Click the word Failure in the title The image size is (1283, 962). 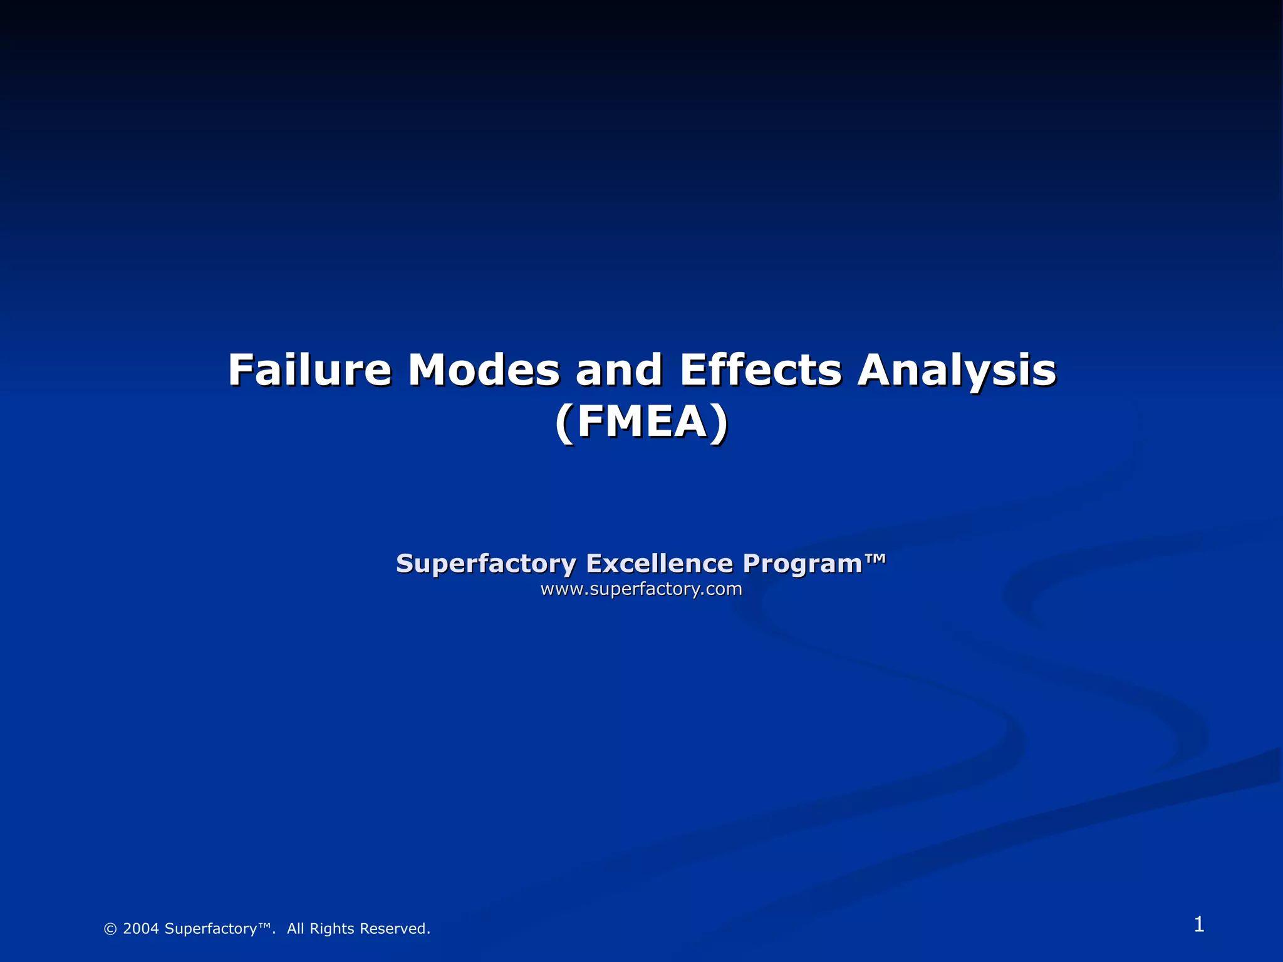click(309, 370)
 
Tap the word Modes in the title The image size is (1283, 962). click(484, 370)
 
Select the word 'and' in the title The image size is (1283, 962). click(619, 370)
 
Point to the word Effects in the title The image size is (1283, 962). click(761, 370)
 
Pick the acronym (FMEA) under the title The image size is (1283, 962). click(641, 422)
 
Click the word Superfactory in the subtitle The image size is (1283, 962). click(486, 564)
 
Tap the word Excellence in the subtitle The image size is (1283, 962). click(659, 563)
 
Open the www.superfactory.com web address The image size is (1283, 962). click(641, 589)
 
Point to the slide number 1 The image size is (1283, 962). click(1198, 924)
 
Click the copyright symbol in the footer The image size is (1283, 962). click(110, 929)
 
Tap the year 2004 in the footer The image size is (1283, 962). click(141, 929)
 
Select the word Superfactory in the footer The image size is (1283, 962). click(210, 929)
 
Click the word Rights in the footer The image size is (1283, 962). click(332, 929)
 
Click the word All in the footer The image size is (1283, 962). click(296, 929)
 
